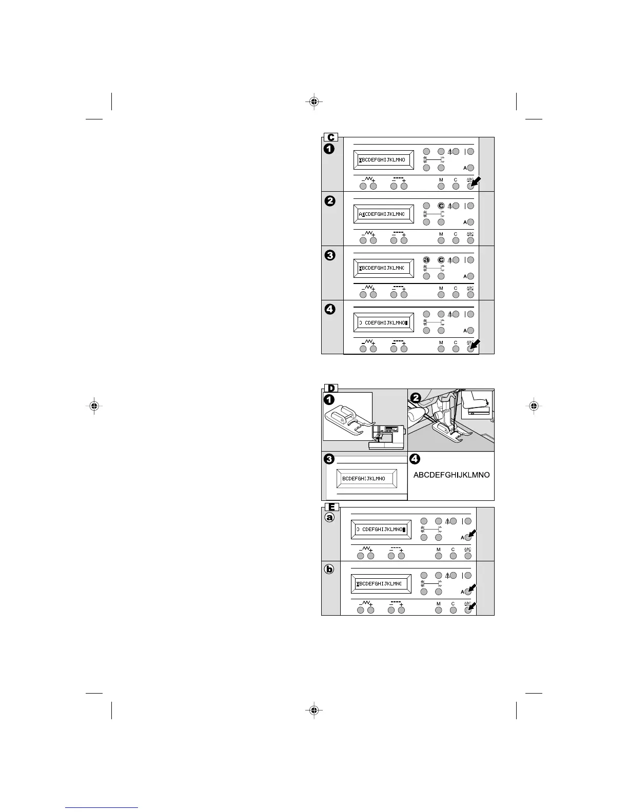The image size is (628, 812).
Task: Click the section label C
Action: (x=331, y=137)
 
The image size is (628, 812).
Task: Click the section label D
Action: (x=331, y=388)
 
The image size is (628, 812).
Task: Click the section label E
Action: (x=331, y=507)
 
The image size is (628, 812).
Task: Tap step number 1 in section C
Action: (x=329, y=149)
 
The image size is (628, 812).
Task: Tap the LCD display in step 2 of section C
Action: (x=383, y=214)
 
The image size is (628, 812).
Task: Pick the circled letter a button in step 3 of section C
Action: (x=426, y=260)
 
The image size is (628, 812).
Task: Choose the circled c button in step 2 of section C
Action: (x=441, y=206)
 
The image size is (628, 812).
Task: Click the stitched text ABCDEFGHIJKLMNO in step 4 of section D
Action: (x=452, y=475)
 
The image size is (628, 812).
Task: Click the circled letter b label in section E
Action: (x=330, y=572)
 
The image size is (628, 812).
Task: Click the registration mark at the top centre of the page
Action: (x=313, y=101)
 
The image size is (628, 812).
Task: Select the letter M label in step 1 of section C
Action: (x=441, y=179)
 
